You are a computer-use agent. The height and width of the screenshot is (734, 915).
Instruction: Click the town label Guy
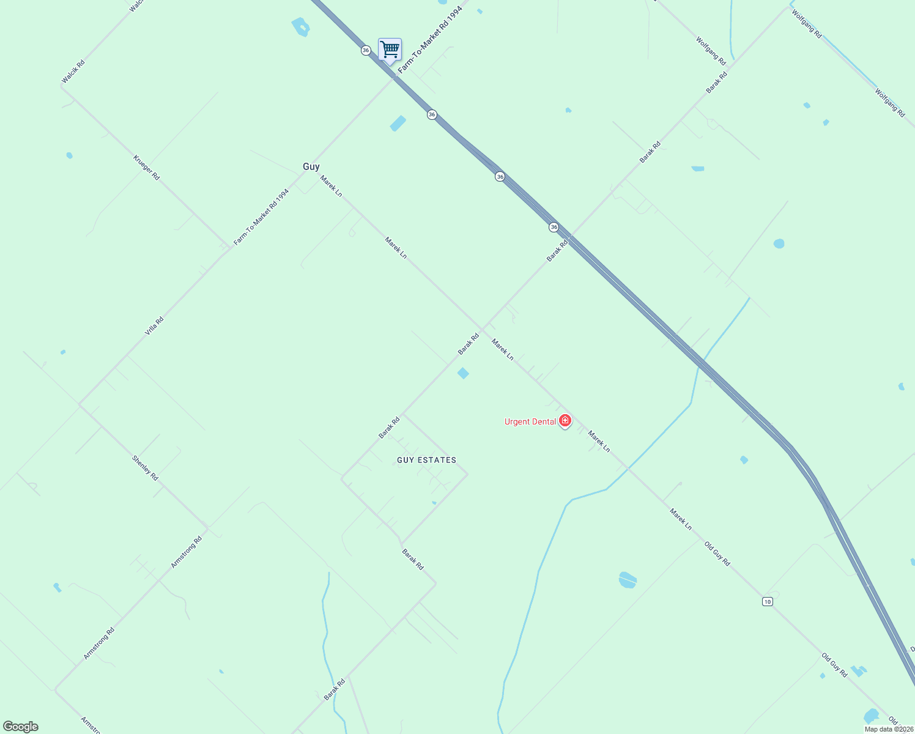[311, 166]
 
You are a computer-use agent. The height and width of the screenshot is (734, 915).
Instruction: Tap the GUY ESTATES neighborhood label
[426, 460]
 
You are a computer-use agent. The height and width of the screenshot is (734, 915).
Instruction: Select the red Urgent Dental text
[530, 421]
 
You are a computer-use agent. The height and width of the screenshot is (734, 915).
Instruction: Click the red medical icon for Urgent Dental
[565, 420]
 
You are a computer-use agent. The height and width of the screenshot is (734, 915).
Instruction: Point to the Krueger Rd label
[146, 168]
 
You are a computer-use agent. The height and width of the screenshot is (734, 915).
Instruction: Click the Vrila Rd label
[154, 325]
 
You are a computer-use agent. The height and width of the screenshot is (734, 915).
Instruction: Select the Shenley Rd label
[145, 468]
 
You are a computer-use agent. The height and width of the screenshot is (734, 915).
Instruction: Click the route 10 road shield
[768, 602]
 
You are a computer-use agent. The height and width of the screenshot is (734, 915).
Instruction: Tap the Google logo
[21, 727]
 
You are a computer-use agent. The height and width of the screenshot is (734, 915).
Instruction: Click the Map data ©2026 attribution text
[889, 729]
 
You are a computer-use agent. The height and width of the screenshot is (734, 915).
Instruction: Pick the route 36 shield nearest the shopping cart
[366, 50]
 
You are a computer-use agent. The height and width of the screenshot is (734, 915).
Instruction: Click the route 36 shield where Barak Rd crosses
[554, 227]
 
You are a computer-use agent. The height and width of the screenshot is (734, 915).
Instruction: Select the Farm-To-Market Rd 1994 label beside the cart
[429, 38]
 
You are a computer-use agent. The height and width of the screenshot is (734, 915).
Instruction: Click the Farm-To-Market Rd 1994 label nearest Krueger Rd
[261, 217]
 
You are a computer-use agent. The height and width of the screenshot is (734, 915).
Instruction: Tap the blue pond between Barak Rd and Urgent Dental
[463, 373]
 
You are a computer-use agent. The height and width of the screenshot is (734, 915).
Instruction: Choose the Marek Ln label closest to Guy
[331, 186]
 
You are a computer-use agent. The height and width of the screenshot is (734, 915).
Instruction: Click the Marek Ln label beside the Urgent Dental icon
[599, 441]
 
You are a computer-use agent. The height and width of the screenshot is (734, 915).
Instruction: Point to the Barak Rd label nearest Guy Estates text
[389, 428]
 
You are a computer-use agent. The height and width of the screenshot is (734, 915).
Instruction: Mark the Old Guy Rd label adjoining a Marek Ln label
[717, 554]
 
